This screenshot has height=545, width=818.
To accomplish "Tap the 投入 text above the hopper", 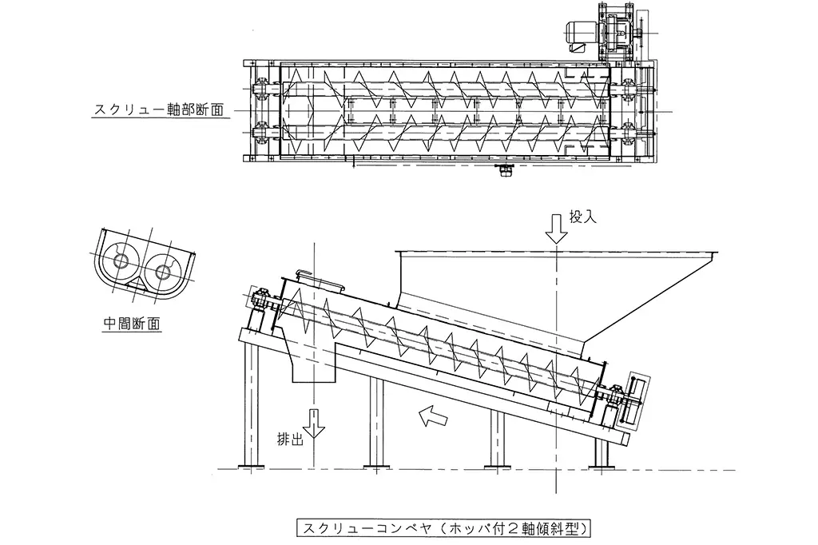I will click(x=581, y=217).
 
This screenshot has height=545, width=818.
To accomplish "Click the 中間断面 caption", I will click(x=133, y=324).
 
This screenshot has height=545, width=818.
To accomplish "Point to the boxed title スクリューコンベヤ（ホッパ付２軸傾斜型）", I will click(x=444, y=528).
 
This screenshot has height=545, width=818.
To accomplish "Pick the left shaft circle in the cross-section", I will click(x=125, y=261).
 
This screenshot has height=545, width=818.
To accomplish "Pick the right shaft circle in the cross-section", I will click(x=163, y=272).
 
